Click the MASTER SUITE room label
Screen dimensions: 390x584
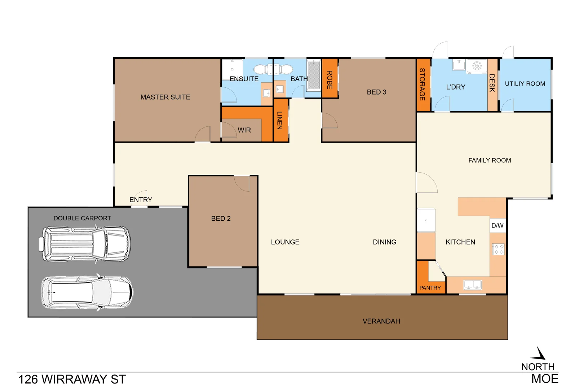tap(165, 97)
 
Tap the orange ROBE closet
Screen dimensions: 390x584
tap(329, 79)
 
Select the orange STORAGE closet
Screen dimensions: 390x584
tap(423, 85)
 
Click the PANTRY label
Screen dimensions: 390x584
tap(430, 288)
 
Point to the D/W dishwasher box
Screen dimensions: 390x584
tap(497, 225)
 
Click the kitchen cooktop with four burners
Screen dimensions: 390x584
tap(498, 249)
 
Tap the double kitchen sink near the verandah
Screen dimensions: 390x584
tap(473, 285)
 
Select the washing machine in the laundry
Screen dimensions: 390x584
tap(477, 66)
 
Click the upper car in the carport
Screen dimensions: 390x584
tap(85, 244)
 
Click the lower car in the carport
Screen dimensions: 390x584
tap(87, 292)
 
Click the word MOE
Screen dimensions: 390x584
tap(544, 378)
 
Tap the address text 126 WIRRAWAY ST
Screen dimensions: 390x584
tap(72, 380)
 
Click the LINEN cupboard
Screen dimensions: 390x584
tap(280, 120)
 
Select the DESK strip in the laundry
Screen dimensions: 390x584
tap(492, 84)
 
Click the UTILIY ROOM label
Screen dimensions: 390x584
tap(525, 84)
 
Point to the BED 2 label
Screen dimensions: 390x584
tap(221, 218)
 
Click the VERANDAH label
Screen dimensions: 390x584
tap(381, 321)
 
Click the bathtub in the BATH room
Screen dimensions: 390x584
tap(314, 75)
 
